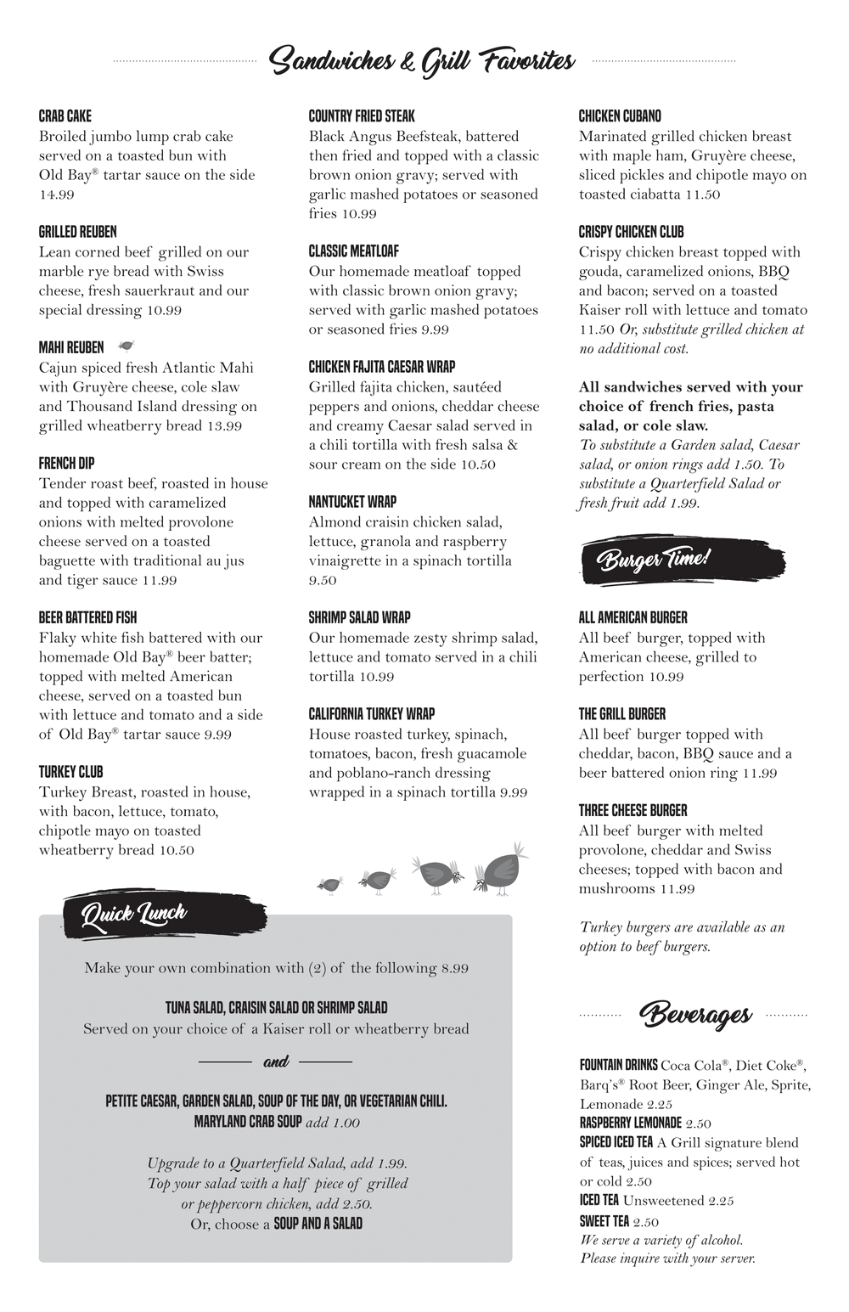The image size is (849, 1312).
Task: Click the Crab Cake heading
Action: (65, 116)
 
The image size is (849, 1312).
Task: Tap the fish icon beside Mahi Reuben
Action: (127, 346)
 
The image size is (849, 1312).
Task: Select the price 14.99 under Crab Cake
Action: (57, 194)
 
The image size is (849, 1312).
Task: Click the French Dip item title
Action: (66, 463)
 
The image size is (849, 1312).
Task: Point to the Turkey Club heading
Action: (70, 772)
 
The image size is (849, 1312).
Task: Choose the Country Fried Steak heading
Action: (362, 116)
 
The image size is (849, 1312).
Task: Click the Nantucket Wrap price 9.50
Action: (323, 581)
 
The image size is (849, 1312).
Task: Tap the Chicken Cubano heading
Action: (620, 116)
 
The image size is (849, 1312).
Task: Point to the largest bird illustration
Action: (502, 869)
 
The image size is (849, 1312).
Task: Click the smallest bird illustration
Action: (329, 885)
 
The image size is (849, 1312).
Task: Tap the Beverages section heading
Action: (695, 1014)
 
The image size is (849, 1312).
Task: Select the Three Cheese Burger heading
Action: (633, 811)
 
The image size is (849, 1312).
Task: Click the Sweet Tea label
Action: (604, 1221)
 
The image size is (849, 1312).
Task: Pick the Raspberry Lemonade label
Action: (630, 1123)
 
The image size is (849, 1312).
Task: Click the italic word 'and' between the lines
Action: (276, 1061)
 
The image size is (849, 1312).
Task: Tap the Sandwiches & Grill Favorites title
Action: (422, 61)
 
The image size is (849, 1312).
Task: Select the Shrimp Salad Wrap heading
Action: (361, 617)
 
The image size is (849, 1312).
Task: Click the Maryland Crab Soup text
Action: (248, 1122)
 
